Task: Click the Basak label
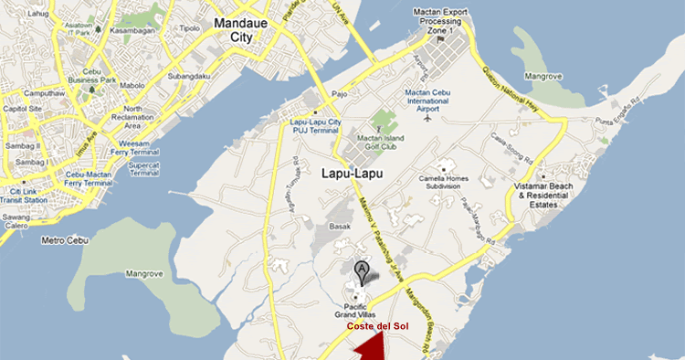(339, 224)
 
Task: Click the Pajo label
(339, 93)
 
